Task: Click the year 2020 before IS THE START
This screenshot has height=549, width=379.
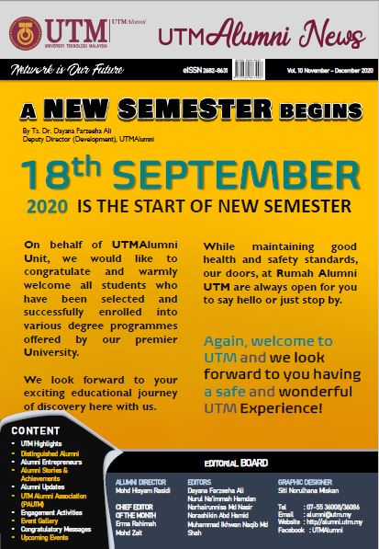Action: coord(50,205)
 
